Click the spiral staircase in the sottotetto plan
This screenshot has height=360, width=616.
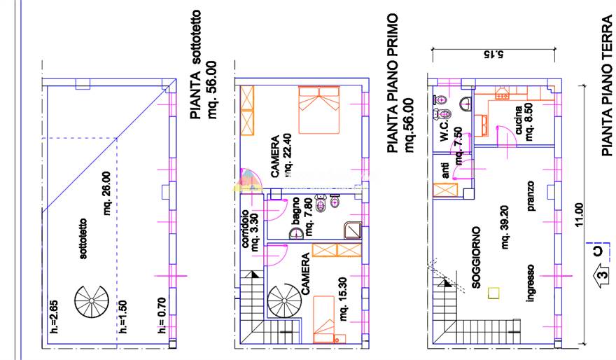pos(92,300)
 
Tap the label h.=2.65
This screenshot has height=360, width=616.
pos(54,317)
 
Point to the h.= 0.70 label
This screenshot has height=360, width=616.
pos(162,316)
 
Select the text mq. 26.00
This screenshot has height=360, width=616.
pos(107,193)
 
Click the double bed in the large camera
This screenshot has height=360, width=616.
pos(318,110)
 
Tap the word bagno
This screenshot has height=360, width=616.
pos(295,212)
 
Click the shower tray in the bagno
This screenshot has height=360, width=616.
pos(352,230)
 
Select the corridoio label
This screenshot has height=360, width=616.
pos(244,229)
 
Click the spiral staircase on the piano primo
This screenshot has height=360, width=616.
pos(284,300)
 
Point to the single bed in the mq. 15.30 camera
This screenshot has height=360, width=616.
pos(324,319)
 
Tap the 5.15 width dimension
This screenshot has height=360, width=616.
pos(493,54)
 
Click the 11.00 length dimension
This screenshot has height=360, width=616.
pos(578,214)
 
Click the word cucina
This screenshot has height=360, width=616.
pos(519,120)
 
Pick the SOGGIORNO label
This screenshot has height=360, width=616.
pos(476,258)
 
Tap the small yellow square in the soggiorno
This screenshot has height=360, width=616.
pos(493,293)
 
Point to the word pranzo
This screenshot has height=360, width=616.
pos(531,195)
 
